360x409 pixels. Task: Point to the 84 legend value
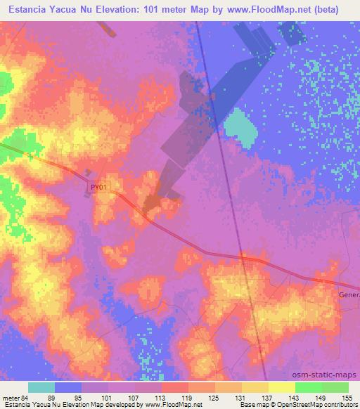(25, 396)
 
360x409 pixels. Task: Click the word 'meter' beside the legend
(11, 396)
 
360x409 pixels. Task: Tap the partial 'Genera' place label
(349, 294)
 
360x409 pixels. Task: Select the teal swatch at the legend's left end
(41, 387)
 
